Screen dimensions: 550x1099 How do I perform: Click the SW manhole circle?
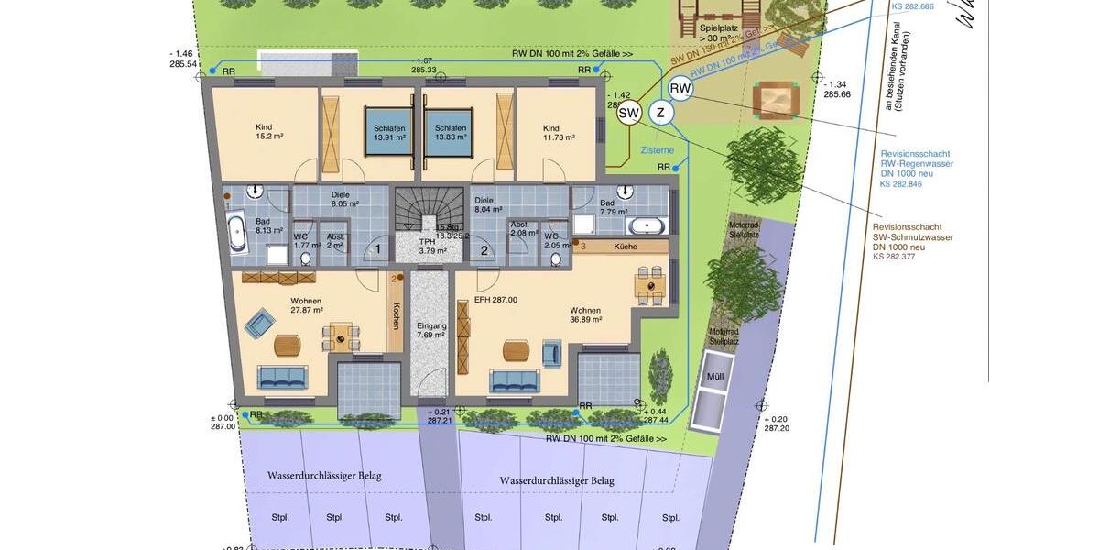coord(628,114)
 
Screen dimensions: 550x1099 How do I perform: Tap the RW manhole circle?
coord(680,88)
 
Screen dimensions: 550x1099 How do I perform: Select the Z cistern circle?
coord(659,113)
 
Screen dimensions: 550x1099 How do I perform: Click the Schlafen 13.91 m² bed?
coord(388,133)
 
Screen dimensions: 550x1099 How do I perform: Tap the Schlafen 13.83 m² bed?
coord(451,133)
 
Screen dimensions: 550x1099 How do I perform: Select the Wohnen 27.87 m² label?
coord(307,305)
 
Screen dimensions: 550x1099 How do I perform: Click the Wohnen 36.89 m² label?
coord(585,315)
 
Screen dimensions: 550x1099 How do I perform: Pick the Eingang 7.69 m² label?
coord(431,330)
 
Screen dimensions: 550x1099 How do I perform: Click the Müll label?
coord(713,376)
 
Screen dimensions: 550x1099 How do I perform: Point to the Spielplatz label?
coord(720,33)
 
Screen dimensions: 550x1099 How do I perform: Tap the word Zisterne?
coord(658,149)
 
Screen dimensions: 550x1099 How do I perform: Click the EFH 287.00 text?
coord(495,300)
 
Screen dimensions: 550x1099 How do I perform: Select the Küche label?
coord(626,247)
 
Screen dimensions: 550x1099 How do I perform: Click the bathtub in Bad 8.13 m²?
coord(236,233)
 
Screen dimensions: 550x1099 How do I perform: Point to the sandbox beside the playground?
coord(776,98)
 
